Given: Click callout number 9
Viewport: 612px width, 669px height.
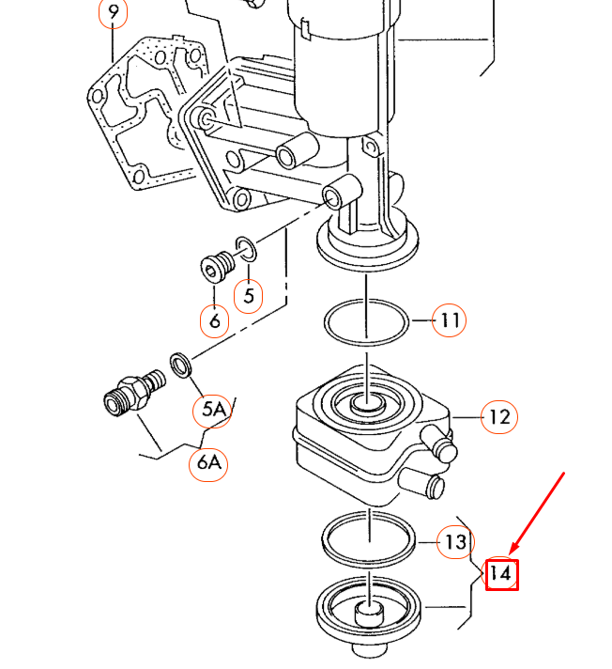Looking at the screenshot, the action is (113, 12).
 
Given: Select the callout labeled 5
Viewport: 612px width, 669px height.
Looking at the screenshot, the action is (249, 296).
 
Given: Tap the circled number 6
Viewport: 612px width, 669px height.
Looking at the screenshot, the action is (214, 320).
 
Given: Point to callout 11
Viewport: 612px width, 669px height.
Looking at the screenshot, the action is (450, 320).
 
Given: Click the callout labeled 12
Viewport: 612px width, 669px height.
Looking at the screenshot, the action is (499, 417).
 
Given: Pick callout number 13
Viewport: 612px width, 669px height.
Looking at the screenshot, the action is (455, 542).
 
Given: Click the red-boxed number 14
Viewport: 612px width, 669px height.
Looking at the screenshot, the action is (502, 575).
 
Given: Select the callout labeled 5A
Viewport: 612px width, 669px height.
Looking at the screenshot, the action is (213, 411).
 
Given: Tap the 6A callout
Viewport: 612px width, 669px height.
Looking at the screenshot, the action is (208, 463).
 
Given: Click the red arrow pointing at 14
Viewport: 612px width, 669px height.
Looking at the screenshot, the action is (537, 511).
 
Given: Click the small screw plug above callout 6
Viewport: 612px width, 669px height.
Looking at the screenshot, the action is (217, 267).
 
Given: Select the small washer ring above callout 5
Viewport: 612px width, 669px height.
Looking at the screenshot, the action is (246, 249).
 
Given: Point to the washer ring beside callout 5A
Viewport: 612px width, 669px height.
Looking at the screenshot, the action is (181, 365).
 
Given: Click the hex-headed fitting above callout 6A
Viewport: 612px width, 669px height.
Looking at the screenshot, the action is (134, 392).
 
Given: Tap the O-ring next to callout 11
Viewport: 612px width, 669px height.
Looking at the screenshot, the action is (366, 322).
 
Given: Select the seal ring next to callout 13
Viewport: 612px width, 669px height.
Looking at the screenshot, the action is (368, 538).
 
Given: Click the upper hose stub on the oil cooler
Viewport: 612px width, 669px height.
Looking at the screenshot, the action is (439, 443).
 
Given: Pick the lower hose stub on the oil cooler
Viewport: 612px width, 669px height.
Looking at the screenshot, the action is (421, 482).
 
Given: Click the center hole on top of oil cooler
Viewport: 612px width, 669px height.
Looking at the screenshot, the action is (367, 402).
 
